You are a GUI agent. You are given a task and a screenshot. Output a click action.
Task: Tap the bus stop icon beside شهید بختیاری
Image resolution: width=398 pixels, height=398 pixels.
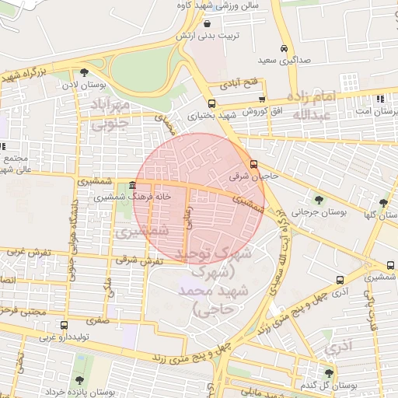pos(211,103)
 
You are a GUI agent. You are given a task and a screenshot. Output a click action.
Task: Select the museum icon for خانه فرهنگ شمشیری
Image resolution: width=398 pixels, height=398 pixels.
pos(133,186)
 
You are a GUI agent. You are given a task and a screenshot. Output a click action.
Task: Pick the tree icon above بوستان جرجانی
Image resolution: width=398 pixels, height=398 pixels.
pos(317,198)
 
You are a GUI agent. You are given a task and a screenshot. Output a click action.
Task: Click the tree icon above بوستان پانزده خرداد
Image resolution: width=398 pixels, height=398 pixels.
pos(80,380)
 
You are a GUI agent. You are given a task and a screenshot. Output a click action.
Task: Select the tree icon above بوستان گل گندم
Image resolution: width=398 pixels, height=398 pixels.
pos(328,374)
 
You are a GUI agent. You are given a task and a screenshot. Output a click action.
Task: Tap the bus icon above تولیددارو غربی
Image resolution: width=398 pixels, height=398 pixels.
pos(63,326)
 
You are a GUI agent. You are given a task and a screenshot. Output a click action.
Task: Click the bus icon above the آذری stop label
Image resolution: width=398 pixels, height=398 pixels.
pos(340,280)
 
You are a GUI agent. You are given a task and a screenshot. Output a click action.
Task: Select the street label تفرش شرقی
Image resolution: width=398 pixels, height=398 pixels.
pos(138,260)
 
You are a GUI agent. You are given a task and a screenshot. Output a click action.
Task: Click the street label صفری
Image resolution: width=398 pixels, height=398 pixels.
pos(96,319)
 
